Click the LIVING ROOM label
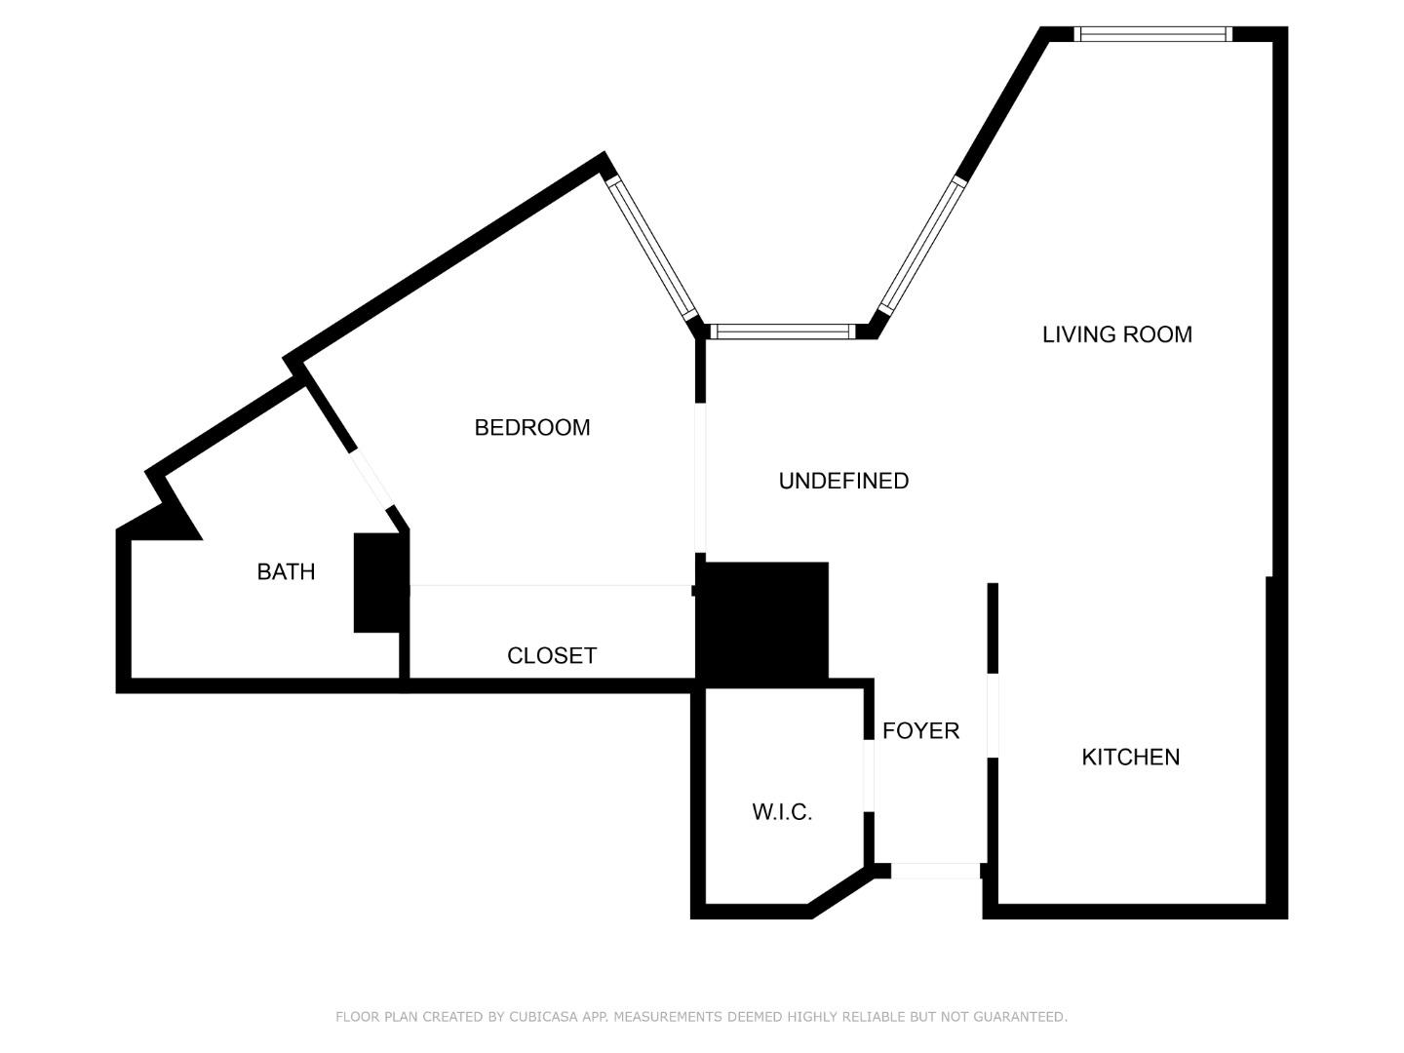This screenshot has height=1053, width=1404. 1116,334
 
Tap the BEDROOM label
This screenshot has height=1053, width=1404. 531,427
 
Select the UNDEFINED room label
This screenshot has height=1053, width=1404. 843,481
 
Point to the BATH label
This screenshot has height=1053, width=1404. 286,571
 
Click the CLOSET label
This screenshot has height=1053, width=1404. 551,655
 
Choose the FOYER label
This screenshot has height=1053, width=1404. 920,730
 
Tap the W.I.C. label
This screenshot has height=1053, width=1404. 782,812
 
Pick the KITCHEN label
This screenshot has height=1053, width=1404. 1130,757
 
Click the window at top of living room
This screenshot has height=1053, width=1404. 1152,34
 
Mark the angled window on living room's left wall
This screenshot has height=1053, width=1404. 921,245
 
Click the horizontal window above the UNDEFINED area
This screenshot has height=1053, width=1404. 782,331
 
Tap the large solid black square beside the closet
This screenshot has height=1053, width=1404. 763,620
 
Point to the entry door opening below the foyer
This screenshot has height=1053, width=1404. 936,871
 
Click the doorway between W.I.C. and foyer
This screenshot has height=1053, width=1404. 869,776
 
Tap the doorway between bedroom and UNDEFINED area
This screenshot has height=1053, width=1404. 700,478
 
